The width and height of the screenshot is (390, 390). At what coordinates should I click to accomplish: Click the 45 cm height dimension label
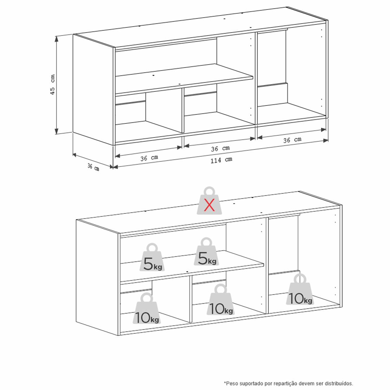pyautogui.click(x=52, y=84)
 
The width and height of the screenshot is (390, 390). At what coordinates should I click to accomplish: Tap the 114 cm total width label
pyautogui.click(x=221, y=160)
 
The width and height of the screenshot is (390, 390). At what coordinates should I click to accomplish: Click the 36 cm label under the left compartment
pyautogui.click(x=149, y=158)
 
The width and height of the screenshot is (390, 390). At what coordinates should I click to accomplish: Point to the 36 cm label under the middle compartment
pyautogui.click(x=220, y=148)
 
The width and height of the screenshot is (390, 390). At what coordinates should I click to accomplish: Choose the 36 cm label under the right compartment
pyautogui.click(x=292, y=140)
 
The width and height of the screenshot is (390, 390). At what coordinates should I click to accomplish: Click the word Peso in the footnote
pyautogui.click(x=230, y=383)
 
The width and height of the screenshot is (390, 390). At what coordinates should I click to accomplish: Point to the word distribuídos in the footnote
pyautogui.click(x=340, y=383)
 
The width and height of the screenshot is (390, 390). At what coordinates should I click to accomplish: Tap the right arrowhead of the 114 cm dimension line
pyautogui.click(x=326, y=141)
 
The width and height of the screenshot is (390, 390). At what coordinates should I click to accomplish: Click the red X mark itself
pyautogui.click(x=209, y=205)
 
